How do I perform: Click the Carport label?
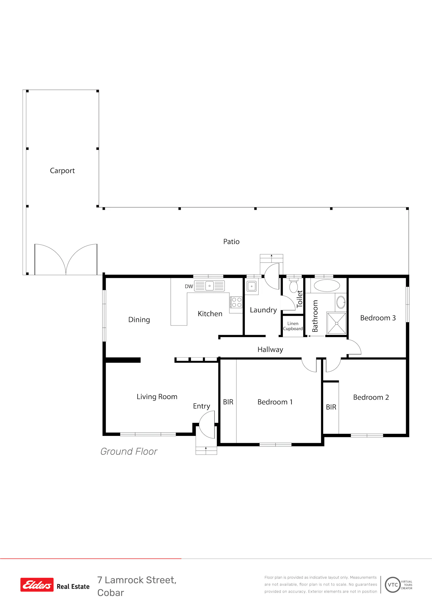62,171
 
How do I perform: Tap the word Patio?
231,241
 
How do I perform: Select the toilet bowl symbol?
293,286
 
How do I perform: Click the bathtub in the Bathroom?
327,286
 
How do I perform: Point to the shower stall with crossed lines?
336,323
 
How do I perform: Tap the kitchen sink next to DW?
209,286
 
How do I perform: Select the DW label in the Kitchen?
189,286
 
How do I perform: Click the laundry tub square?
251,286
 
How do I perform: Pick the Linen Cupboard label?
293,326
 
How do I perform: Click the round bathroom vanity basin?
341,302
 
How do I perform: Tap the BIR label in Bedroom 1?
228,402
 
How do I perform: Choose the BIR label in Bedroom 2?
331,407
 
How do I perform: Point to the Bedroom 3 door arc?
357,344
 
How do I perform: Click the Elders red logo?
37,585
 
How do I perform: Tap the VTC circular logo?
393,585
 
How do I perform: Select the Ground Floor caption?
129,451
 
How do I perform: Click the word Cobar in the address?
111,593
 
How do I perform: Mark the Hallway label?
270,349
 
